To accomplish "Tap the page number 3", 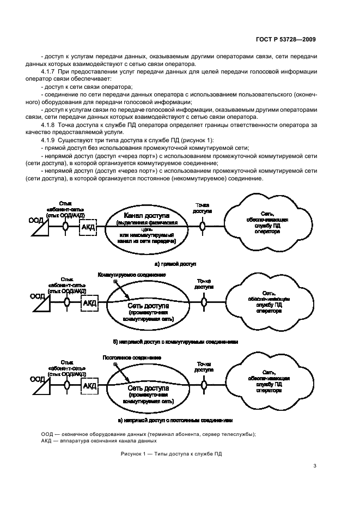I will [x=315, y=465].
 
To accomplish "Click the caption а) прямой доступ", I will [x=175, y=263].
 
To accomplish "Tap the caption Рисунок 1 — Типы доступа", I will [x=172, y=453].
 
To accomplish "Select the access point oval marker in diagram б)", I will [x=203, y=301].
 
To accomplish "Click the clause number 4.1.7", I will [x=50, y=72].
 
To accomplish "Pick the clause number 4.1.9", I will [x=50, y=141].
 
